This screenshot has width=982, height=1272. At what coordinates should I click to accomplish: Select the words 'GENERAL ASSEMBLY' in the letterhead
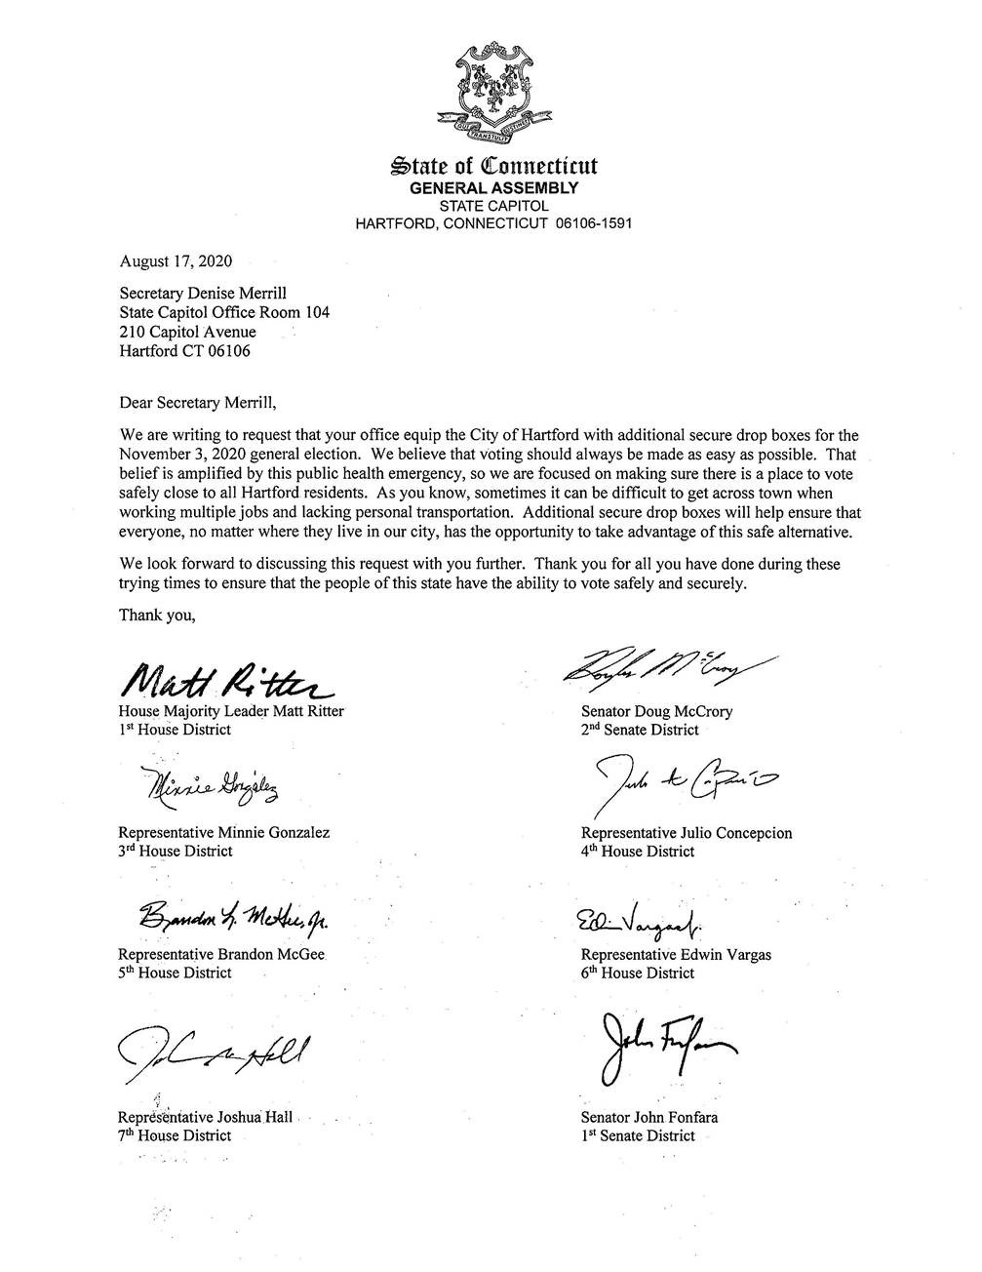[493, 188]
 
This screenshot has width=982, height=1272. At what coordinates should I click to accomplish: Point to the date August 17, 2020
[176, 260]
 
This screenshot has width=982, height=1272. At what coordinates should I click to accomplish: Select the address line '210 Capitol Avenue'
[187, 332]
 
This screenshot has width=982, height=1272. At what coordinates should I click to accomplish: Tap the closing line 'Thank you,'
[157, 615]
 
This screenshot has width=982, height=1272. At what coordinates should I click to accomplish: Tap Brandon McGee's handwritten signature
[237, 916]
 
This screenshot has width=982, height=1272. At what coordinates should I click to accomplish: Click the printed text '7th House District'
[175, 1135]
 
